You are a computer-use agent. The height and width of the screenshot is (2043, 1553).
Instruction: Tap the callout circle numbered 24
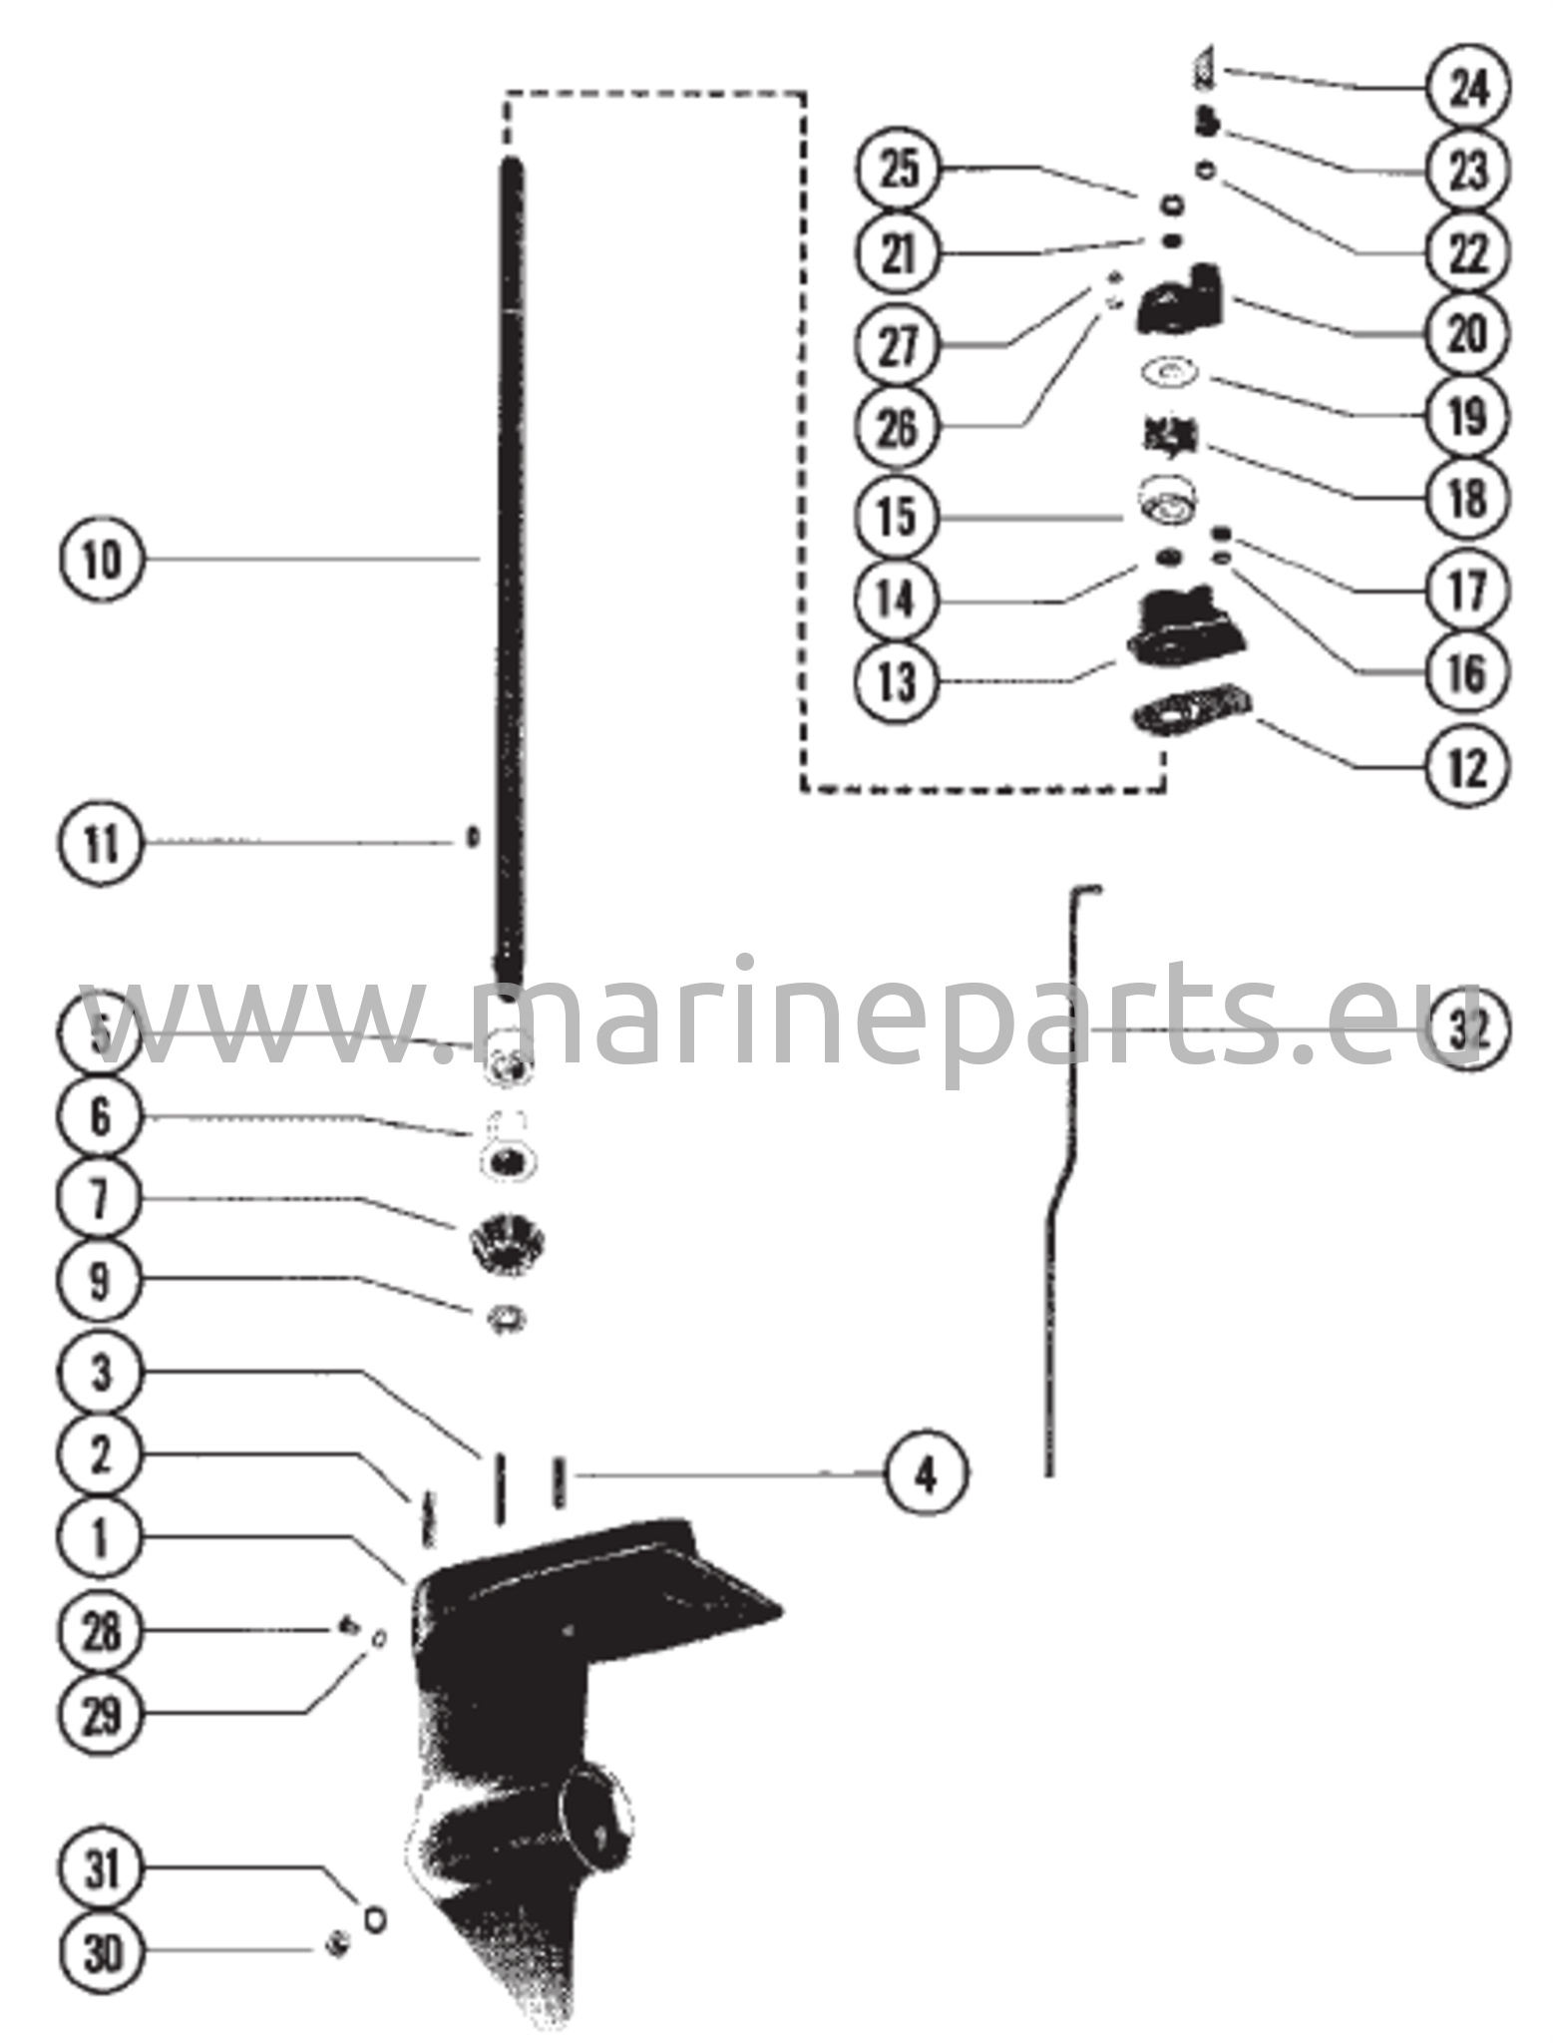[1467, 89]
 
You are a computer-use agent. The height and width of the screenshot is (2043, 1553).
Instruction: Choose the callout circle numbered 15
[898, 516]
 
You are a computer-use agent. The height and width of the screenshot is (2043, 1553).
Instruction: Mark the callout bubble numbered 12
[1467, 767]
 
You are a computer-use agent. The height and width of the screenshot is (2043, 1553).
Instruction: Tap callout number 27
[898, 345]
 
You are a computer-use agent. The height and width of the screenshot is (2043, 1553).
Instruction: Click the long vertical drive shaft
[511, 569]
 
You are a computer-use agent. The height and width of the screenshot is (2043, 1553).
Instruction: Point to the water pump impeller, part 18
[1170, 436]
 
